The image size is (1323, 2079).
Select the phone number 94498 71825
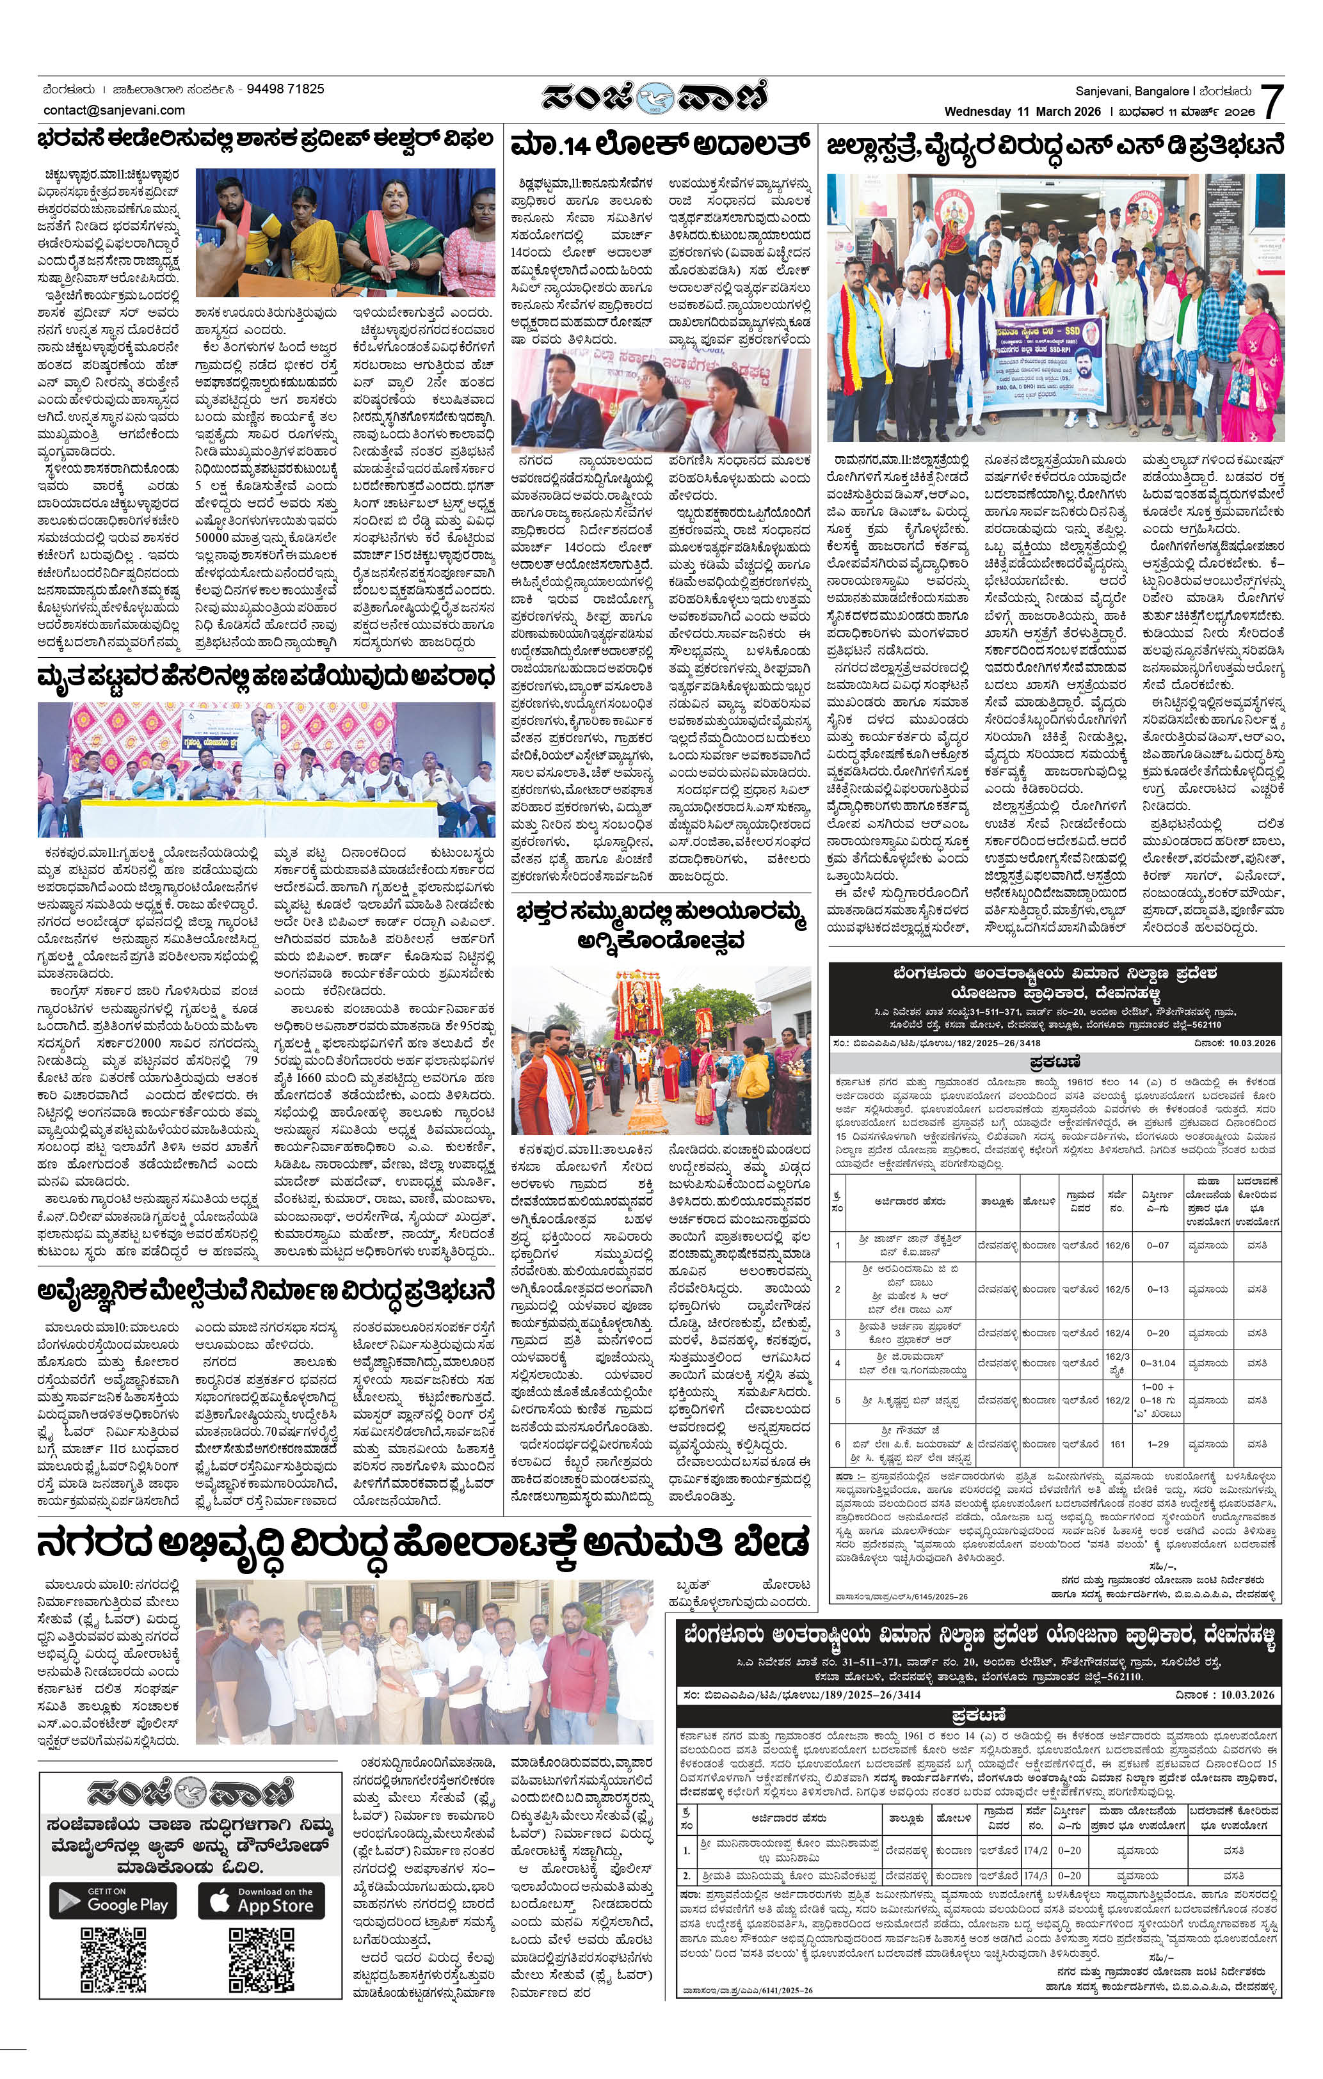[285, 89]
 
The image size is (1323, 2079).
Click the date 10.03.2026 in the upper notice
[1237, 1043]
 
